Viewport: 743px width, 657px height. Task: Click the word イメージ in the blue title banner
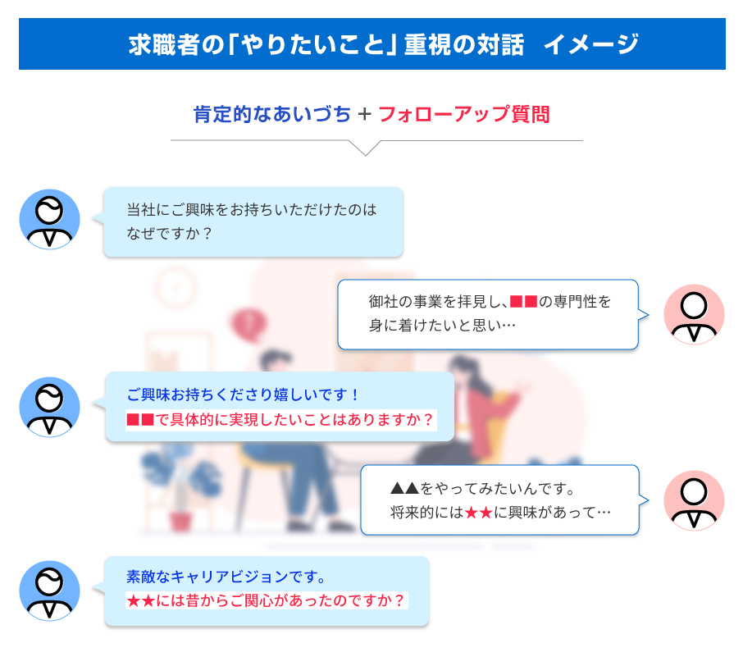[591, 44]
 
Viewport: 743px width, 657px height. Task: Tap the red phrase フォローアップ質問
[464, 114]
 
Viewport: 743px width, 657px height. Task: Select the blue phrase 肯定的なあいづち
[272, 114]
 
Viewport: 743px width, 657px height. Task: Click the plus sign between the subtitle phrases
[364, 114]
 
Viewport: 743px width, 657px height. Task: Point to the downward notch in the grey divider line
[365, 154]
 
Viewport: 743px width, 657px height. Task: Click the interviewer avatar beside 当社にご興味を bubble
[49, 220]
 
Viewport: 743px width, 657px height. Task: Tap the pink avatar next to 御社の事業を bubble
[694, 314]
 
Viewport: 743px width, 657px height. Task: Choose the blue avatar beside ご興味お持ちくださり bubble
[49, 407]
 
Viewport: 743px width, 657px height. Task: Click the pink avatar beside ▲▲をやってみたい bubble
[694, 500]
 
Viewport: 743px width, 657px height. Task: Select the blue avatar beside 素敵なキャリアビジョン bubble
[49, 591]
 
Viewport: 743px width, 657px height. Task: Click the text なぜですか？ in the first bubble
[168, 233]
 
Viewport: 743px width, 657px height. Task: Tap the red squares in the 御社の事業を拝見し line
[523, 302]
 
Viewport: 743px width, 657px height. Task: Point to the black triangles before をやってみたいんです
[404, 488]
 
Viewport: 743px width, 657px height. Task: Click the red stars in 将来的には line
[479, 513]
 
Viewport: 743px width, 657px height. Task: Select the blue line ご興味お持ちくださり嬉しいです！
[242, 395]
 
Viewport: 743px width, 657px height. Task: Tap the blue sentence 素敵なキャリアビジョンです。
[226, 577]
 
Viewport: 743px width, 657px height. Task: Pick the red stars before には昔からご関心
[141, 601]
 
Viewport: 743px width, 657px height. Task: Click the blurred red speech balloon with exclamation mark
[248, 324]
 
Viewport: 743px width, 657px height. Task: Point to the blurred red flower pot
[180, 521]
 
